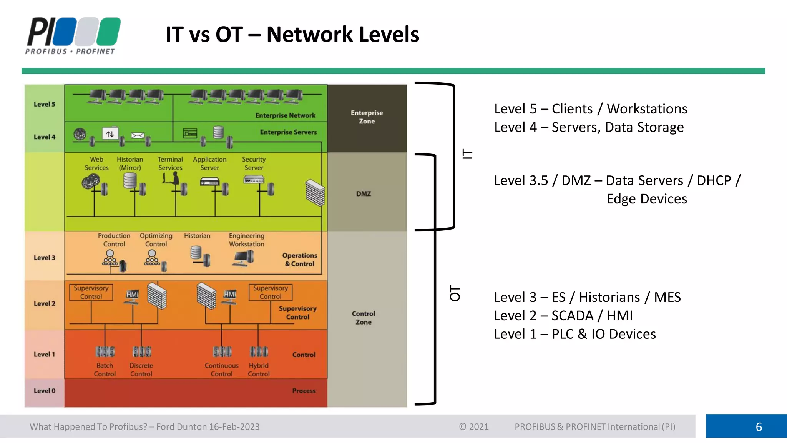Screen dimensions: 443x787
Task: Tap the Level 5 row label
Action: coord(45,104)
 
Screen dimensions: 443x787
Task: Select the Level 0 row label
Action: coord(45,391)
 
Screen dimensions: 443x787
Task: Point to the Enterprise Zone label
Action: coord(367,117)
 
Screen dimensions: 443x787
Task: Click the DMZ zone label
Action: coord(364,194)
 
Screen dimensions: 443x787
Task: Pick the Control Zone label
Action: coord(364,318)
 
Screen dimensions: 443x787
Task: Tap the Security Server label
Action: coord(254,163)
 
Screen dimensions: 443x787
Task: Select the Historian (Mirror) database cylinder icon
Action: coord(130,180)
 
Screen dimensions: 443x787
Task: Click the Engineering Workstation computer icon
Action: coord(243,258)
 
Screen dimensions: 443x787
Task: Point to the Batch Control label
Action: coord(105,370)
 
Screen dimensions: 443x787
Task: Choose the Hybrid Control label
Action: coord(259,370)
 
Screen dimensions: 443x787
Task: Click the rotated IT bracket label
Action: coord(467,154)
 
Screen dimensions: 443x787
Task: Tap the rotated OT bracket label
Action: coord(455,293)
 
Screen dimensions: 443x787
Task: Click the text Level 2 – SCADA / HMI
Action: coord(563,316)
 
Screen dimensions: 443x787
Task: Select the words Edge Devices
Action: coord(647,199)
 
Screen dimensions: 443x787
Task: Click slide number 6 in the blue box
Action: coord(759,427)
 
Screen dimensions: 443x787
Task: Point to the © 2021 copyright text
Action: coord(474,427)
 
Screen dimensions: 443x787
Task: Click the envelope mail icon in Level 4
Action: coord(138,135)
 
